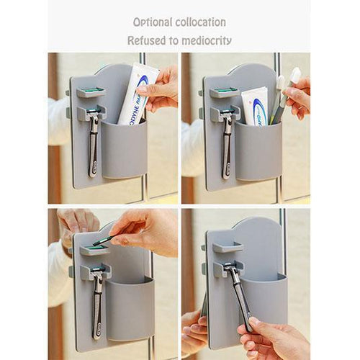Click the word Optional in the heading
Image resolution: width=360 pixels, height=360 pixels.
coord(153,22)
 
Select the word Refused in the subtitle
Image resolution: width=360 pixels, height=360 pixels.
coord(147,40)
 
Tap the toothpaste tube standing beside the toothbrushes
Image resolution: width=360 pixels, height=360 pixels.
coord(254,105)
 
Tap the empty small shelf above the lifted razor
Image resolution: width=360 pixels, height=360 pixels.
coord(227,248)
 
